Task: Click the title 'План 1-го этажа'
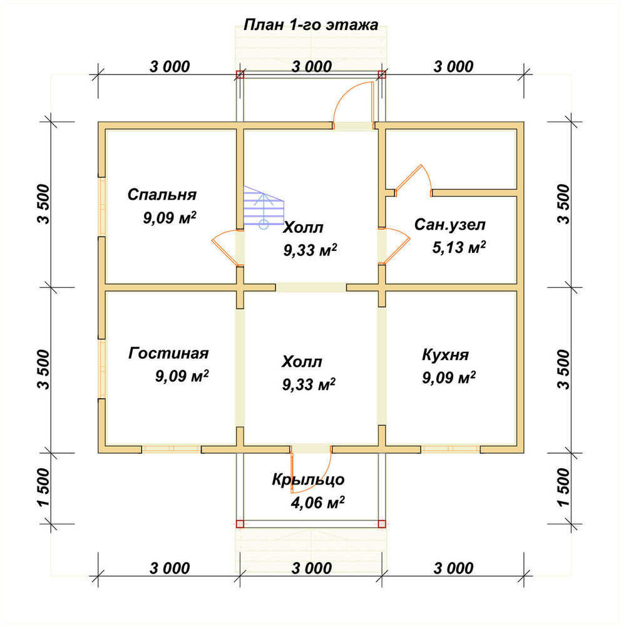310,25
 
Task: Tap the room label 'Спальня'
162,195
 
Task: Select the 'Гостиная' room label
168,353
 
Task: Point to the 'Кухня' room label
445,355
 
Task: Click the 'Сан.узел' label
449,225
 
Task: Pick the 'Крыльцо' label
308,480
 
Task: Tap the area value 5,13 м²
459,247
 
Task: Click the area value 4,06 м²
317,503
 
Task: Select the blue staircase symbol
264,207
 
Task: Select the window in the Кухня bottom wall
451,449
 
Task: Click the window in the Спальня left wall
102,207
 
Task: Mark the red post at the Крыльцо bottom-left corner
240,524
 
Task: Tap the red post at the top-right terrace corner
382,74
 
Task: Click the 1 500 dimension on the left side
44,488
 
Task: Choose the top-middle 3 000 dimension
312,67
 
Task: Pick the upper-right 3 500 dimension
563,204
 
